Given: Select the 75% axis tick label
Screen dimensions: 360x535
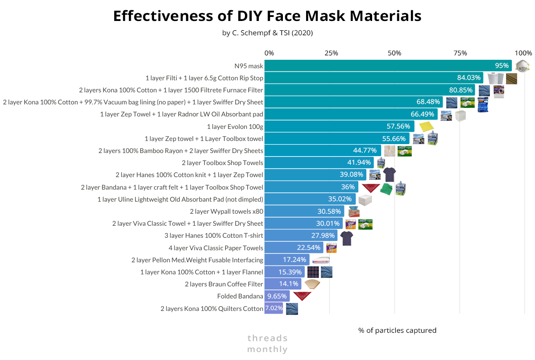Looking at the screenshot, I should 460,53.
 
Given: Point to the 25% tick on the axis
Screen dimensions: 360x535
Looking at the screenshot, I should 331,53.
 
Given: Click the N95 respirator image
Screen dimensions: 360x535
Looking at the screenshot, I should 522,66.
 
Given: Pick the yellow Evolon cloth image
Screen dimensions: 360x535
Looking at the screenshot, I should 426,126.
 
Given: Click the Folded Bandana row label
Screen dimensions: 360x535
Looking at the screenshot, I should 240,296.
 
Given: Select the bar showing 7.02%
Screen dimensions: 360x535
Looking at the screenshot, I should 274,308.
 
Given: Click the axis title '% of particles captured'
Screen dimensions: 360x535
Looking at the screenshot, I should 397,331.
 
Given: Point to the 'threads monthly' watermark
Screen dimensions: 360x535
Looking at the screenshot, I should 267,343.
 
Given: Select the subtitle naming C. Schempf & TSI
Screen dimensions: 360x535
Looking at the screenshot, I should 267,33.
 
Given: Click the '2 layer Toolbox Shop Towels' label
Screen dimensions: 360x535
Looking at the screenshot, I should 222,163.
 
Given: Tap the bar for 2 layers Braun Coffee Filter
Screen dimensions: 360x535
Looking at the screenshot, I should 282,284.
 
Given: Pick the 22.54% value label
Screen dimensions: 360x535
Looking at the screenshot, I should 308,248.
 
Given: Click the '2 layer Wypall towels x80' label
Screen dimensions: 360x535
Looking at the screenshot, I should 226,211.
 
